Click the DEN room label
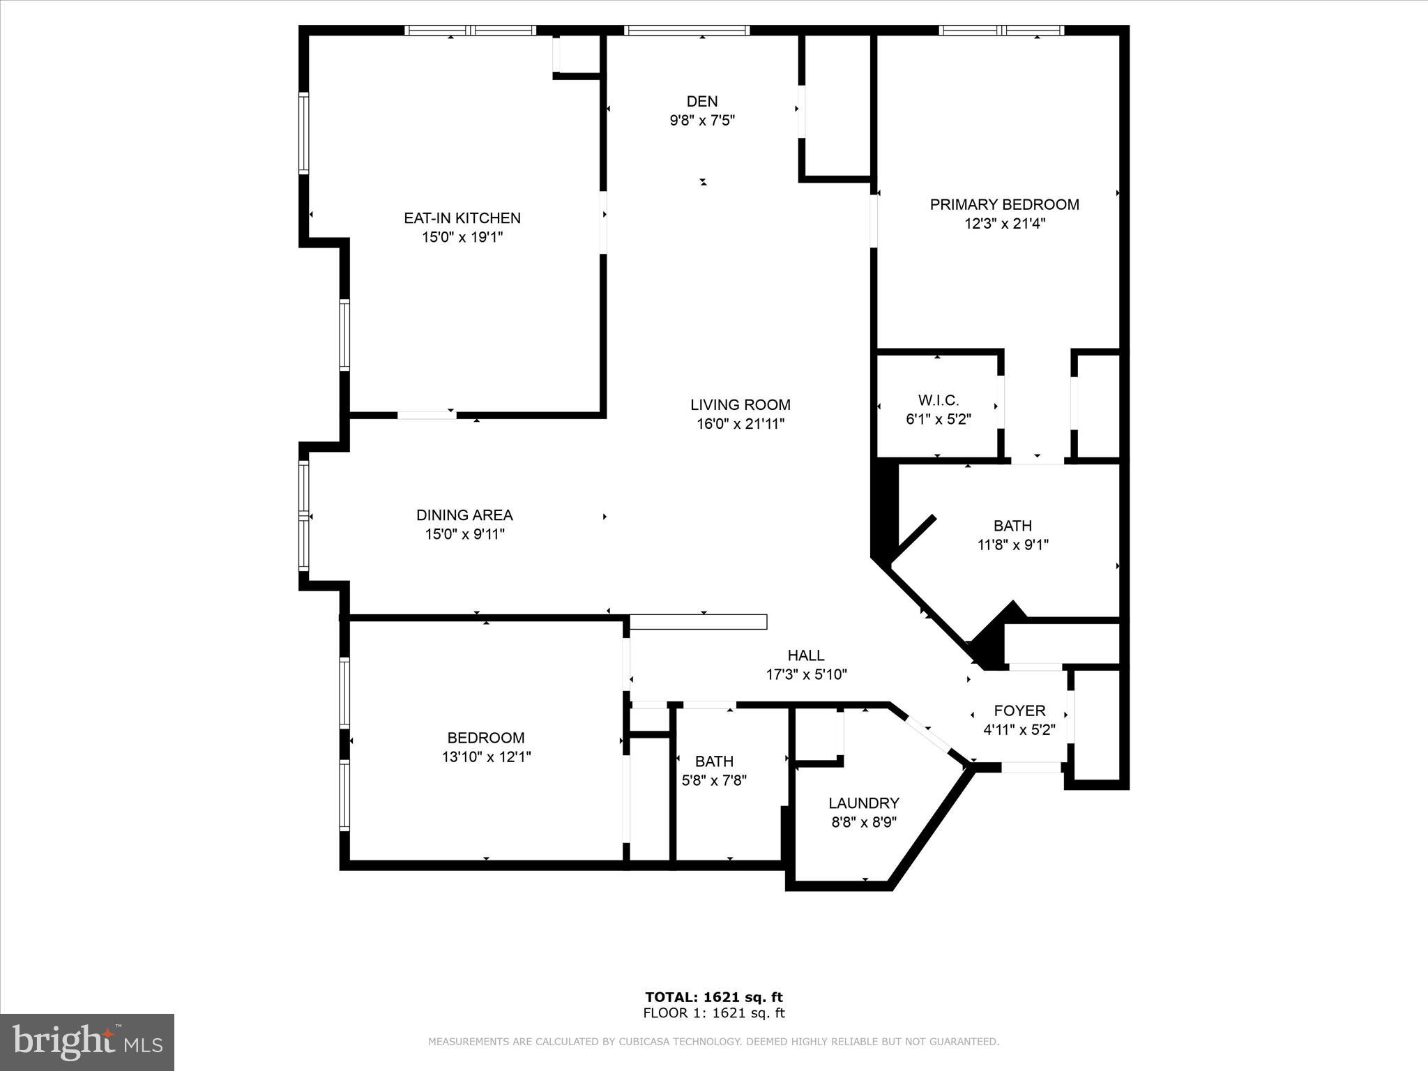tap(701, 102)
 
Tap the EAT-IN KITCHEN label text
tap(462, 218)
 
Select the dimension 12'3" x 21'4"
tap(1004, 224)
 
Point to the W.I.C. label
tap(938, 400)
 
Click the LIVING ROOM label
tap(740, 405)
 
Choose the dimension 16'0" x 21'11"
tap(740, 424)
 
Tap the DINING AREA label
tap(464, 515)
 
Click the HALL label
tap(805, 655)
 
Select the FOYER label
tap(1019, 711)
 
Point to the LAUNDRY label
tap(863, 803)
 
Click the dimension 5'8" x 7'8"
tap(714, 781)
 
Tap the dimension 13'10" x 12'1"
tap(486, 757)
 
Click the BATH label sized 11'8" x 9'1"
tap(1012, 526)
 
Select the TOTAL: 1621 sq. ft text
tap(713, 998)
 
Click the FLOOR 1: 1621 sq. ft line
tap(713, 1013)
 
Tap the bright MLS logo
tap(87, 1042)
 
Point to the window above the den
tap(686, 30)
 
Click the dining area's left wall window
tap(303, 516)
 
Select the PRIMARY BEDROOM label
tap(1004, 204)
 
